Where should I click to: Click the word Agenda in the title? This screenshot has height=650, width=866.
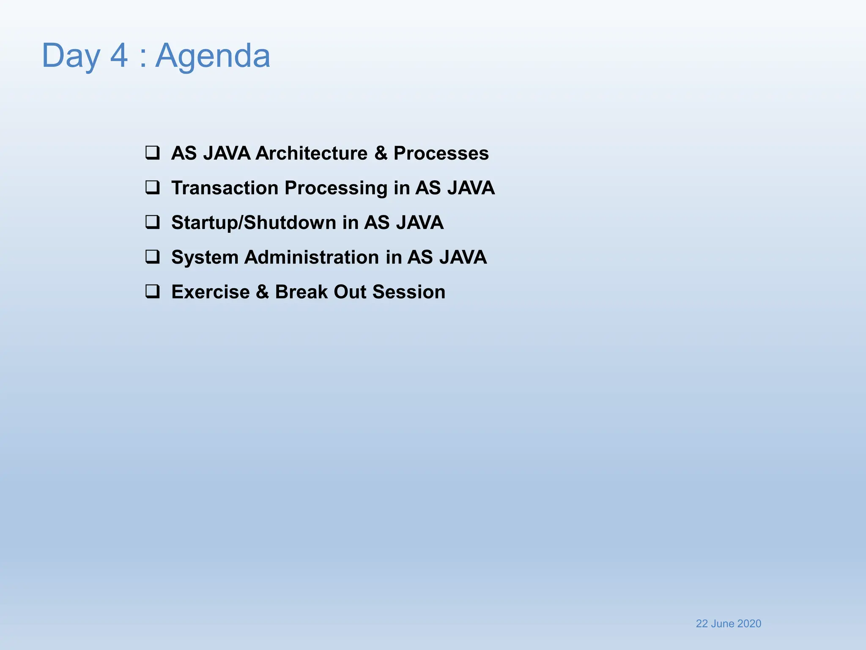click(213, 56)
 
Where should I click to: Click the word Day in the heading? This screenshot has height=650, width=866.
click(71, 56)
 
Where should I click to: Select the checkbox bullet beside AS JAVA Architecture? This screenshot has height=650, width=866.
click(153, 152)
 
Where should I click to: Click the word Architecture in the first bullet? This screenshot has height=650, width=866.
click(311, 153)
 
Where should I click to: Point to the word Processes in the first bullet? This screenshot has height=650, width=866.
click(441, 153)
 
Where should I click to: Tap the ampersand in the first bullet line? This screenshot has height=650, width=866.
click(381, 153)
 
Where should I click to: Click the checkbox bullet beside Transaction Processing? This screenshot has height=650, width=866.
click(153, 187)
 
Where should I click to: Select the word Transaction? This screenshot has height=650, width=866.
click(224, 188)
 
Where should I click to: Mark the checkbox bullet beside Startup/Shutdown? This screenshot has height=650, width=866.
click(153, 222)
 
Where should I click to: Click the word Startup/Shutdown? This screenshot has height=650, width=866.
click(253, 223)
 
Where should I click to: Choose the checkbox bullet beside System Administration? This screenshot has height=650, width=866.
click(153, 256)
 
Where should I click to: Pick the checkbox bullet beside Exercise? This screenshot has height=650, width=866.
click(153, 291)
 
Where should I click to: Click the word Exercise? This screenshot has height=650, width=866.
click(211, 292)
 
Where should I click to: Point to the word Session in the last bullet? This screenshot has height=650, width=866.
click(409, 292)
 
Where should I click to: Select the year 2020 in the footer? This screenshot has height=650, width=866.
click(749, 624)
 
